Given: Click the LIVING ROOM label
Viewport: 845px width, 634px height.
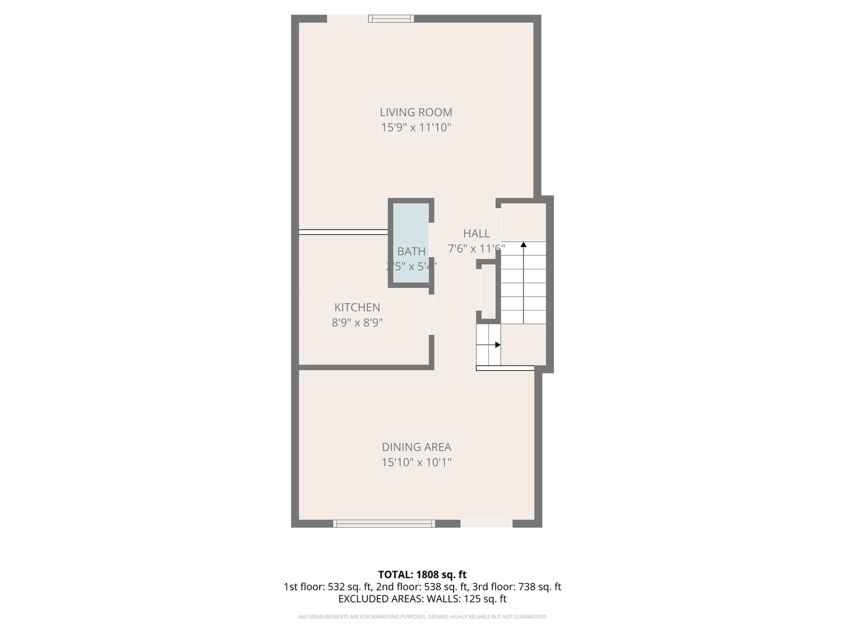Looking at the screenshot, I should pos(415,112).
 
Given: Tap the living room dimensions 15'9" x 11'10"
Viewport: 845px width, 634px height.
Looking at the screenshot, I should pos(415,127).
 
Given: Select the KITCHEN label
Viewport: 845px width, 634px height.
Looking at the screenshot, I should pos(357,307).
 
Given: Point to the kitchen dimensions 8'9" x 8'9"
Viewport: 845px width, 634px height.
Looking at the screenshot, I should pos(357,322).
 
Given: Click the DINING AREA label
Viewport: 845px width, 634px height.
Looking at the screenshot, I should pos(416,447).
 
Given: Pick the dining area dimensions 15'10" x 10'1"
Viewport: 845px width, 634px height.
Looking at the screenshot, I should pos(416,462).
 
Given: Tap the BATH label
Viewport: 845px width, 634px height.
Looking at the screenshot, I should pos(411,251).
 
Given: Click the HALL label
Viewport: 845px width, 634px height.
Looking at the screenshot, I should pos(476,233).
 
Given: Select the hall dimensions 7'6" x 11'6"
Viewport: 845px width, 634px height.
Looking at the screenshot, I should pos(476,248).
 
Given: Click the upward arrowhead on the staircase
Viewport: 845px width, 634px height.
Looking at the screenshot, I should pos(523,244).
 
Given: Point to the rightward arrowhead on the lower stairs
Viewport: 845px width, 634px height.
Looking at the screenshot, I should pos(498,345).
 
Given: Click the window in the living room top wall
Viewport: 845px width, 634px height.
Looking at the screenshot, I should pos(391,19).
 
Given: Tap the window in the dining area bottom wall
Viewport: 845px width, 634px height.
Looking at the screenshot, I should pos(384,523).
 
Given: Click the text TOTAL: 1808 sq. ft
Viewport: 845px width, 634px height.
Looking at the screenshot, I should pos(422,574).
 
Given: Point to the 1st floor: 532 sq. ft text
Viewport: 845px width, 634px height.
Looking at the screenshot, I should pos(327,586).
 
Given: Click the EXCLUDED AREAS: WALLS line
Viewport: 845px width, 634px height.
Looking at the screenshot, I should pos(422,599).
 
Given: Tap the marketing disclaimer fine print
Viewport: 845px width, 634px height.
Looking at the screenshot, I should pos(422,616).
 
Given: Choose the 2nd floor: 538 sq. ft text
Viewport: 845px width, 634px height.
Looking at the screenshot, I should pos(422,586).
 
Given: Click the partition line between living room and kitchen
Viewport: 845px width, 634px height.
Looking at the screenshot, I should pos(343,232).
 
